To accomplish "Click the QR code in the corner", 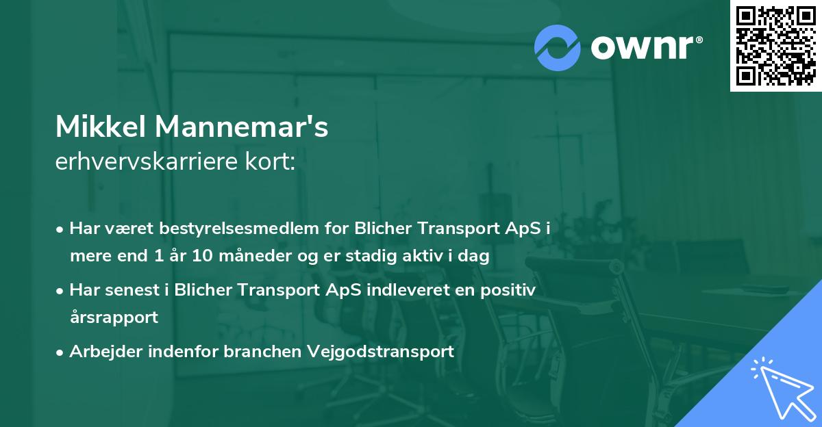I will click(x=775, y=46).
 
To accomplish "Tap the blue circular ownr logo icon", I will click(x=558, y=48).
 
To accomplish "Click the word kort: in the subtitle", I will click(x=273, y=162).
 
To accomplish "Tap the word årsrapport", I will click(x=114, y=318).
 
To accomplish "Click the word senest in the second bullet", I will click(x=134, y=289).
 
